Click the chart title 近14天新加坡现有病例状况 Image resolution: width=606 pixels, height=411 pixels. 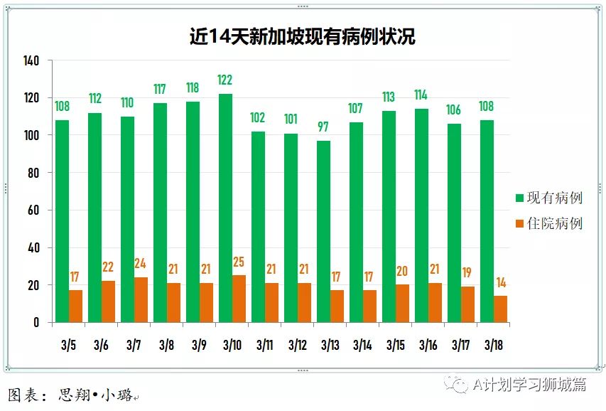pyautogui.click(x=302, y=36)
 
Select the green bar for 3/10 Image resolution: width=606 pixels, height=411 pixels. pyautogui.click(x=225, y=208)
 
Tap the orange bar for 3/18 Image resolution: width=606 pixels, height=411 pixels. pyautogui.click(x=500, y=309)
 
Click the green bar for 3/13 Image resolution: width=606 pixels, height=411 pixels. pyautogui.click(x=323, y=231)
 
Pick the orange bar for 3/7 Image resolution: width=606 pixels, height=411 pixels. pyautogui.click(x=141, y=299)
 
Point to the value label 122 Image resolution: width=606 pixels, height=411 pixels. pyautogui.click(x=225, y=80)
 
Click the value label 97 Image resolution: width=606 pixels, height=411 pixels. pyautogui.click(x=323, y=127)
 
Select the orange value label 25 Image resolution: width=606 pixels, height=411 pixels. pyautogui.click(x=239, y=262)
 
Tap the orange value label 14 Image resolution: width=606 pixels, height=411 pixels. pyautogui.click(x=500, y=282)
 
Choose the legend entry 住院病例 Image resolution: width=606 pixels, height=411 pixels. pyautogui.click(x=554, y=223)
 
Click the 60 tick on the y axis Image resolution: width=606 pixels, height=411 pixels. pyautogui.click(x=33, y=210)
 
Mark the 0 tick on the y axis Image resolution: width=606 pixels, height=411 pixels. pyautogui.click(x=36, y=323)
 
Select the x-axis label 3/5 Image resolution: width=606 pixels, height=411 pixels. pyautogui.click(x=69, y=346)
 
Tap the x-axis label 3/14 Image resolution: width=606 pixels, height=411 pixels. pyautogui.click(x=362, y=346)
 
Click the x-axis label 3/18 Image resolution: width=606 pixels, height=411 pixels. pyautogui.click(x=493, y=346)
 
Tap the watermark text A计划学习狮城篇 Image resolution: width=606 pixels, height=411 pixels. pyautogui.click(x=530, y=385)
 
